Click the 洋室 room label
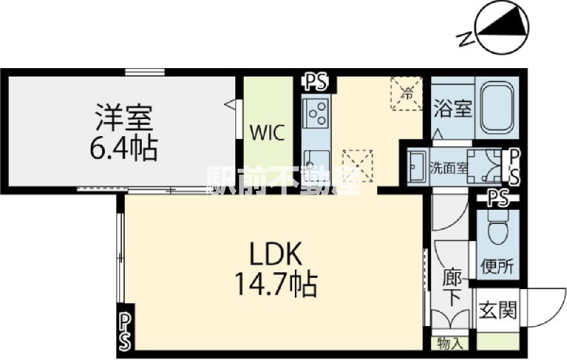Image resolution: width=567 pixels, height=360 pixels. click(x=123, y=118)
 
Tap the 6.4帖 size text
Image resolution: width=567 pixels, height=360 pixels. click(x=123, y=148)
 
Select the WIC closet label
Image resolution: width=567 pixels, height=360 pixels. click(x=268, y=133)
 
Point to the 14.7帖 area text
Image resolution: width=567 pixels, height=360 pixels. click(x=276, y=284)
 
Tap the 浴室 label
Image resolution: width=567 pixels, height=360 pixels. click(x=453, y=108)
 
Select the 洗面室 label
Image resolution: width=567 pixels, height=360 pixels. click(x=449, y=168)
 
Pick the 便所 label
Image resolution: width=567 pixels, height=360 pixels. click(x=497, y=266)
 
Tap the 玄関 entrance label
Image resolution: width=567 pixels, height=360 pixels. click(x=498, y=310)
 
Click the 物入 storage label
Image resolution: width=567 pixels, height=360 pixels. click(x=450, y=343)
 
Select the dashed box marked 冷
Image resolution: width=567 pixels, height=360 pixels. click(x=406, y=94)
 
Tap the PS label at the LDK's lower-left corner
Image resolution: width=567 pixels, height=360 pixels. click(x=125, y=331)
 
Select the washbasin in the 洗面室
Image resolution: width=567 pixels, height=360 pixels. click(x=417, y=167)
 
